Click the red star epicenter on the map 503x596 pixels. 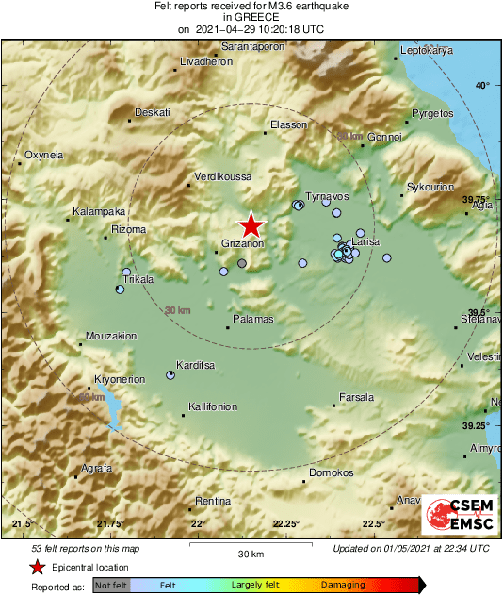point(251,225)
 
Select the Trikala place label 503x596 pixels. point(138,280)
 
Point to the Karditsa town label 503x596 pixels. point(197,365)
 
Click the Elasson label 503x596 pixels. point(289,124)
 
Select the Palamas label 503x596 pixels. point(252,319)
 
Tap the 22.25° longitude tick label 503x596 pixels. point(286,523)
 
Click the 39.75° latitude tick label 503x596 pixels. point(477,199)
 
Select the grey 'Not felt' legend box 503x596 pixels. point(111,586)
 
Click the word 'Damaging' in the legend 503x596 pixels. point(343,586)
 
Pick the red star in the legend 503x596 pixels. point(37,567)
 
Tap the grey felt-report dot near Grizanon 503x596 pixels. point(242,263)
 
